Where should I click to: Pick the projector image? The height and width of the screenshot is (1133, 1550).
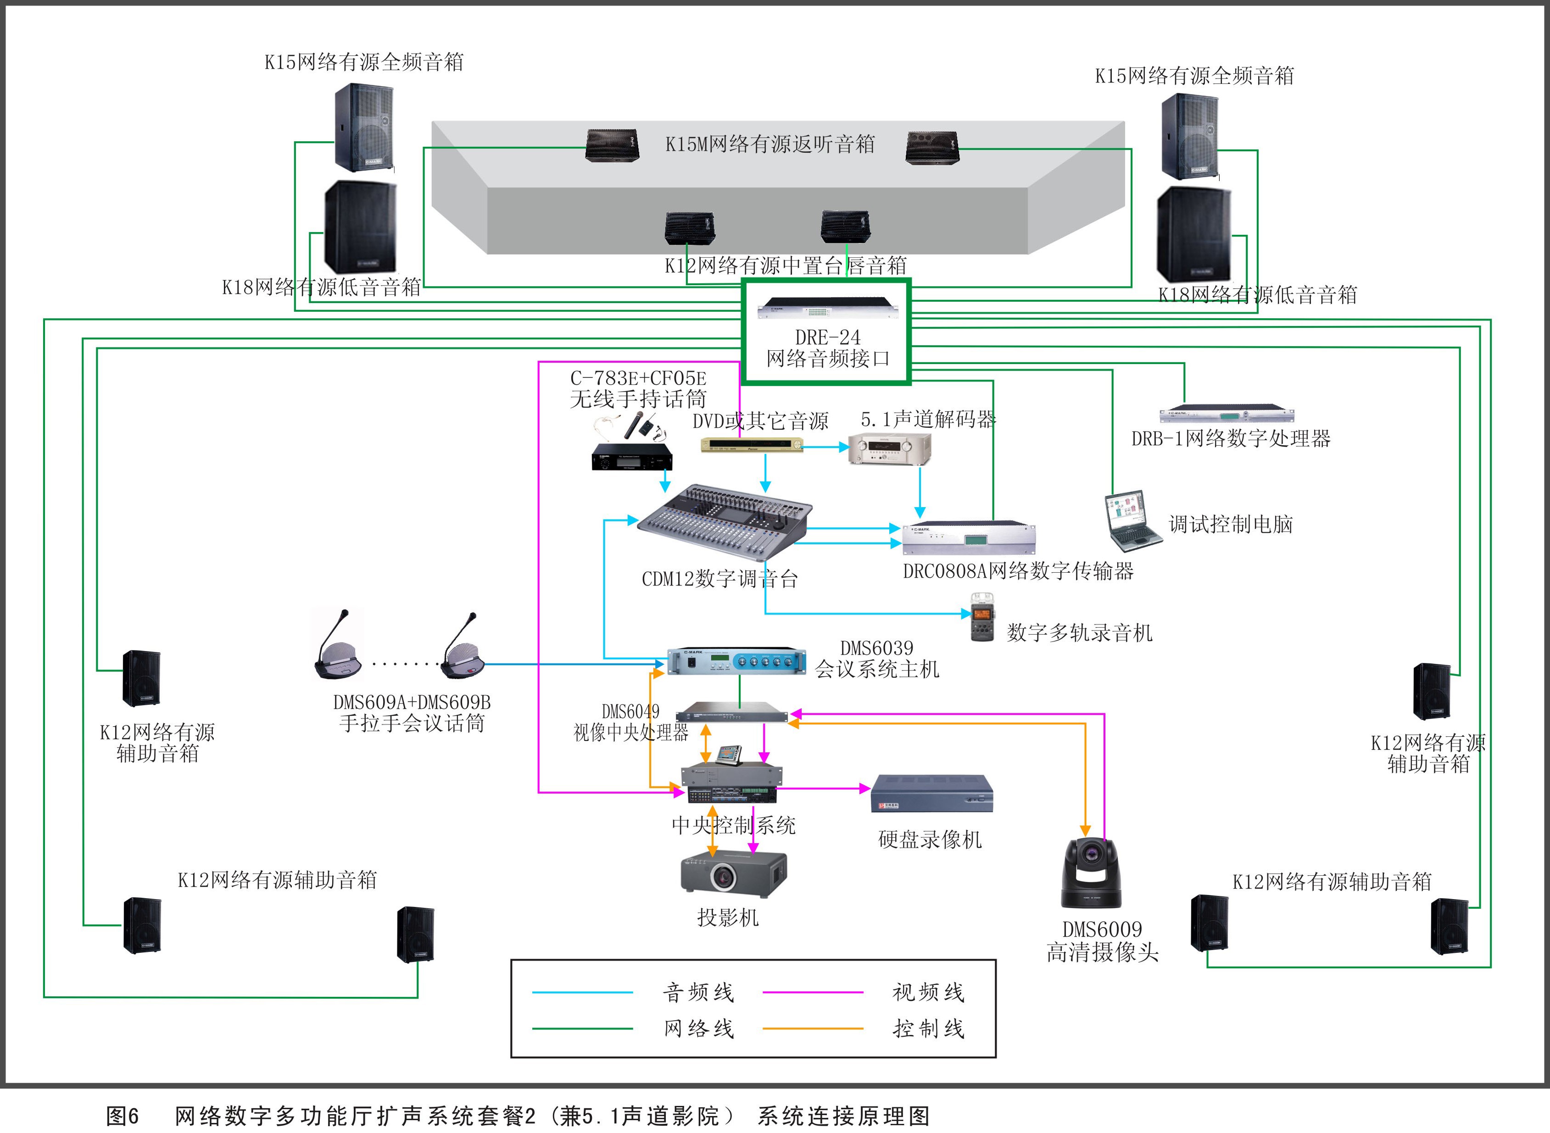coord(733,874)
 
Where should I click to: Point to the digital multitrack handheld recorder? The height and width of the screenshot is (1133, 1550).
coord(982,617)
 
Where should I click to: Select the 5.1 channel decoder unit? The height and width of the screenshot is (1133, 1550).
coord(889,449)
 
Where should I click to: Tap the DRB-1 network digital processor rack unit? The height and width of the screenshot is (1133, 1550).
coord(1226,414)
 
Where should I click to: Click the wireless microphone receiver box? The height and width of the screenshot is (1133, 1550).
coord(631,458)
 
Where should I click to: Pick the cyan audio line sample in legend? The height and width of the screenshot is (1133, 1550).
coord(582,992)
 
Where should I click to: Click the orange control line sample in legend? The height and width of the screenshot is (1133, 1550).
coord(812,1028)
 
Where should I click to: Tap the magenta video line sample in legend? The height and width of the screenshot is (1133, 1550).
coord(812,992)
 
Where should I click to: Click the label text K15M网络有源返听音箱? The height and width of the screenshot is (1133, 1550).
coord(770,144)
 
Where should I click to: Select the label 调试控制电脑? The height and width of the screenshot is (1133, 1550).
coord(1230,525)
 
